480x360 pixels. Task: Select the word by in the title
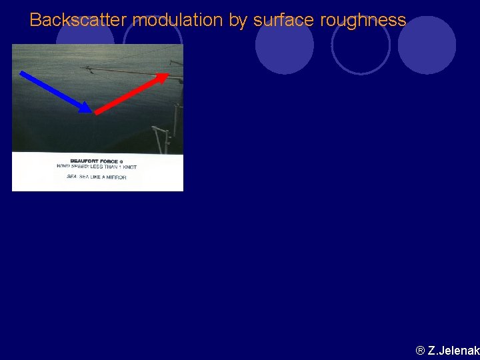(x=237, y=21)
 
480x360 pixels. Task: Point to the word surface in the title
(x=284, y=21)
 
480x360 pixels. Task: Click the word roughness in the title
(x=363, y=21)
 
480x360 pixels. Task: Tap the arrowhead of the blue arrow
(x=86, y=108)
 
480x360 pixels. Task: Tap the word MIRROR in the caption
(x=115, y=177)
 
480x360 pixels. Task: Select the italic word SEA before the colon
(x=72, y=177)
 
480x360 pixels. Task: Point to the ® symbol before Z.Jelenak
(x=420, y=351)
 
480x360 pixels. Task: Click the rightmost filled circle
(x=427, y=45)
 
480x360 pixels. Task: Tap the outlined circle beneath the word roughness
(x=360, y=45)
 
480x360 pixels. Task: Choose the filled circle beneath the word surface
(x=285, y=45)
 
